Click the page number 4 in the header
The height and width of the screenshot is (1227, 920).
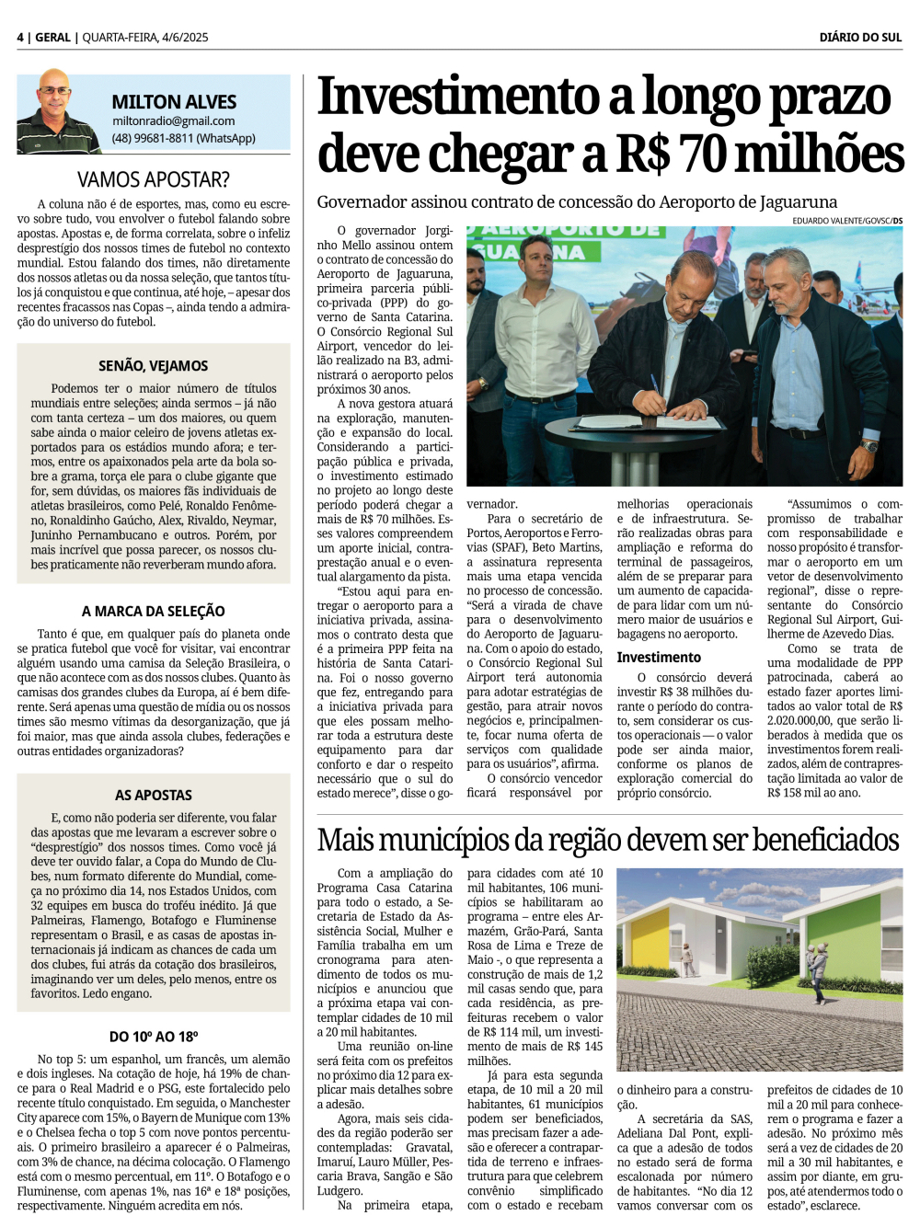pyautogui.click(x=20, y=38)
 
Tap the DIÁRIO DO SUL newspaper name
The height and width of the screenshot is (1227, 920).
pyautogui.click(x=860, y=38)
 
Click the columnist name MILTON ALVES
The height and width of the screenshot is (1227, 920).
pyautogui.click(x=174, y=102)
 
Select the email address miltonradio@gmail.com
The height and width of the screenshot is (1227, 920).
pyautogui.click(x=173, y=120)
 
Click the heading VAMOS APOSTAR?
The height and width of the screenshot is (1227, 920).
pyautogui.click(x=153, y=179)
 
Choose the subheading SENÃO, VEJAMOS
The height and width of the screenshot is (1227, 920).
pyautogui.click(x=153, y=365)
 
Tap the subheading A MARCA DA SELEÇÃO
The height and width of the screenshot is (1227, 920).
pyautogui.click(x=153, y=611)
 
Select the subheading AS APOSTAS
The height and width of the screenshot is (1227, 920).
pyautogui.click(x=153, y=795)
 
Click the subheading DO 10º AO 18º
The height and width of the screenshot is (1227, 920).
pyautogui.click(x=153, y=1036)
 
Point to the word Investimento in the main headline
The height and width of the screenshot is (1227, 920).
pyautogui.click(x=458, y=97)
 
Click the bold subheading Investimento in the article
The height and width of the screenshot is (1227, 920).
pyautogui.click(x=659, y=657)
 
